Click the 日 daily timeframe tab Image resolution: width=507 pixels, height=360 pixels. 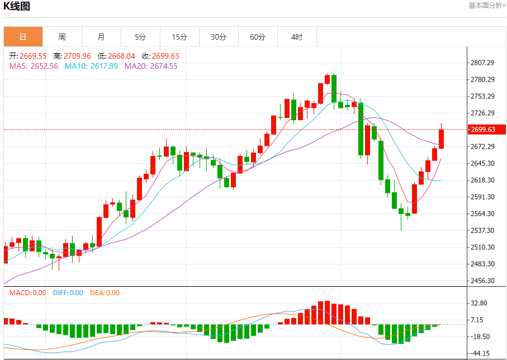pos(23,37)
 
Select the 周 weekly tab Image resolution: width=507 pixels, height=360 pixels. pos(62,37)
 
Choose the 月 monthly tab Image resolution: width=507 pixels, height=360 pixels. pos(101,37)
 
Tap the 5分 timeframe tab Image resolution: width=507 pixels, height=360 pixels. pos(140,37)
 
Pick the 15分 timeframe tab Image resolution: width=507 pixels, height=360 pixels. pos(179,37)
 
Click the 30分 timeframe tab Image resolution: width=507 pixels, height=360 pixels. pos(219,37)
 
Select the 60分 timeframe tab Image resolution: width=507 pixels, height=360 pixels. pos(258,37)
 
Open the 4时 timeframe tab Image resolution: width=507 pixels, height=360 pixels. pos(297,37)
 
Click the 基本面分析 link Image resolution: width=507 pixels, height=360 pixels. pos(487,6)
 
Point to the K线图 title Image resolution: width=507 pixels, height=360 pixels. pos(17,7)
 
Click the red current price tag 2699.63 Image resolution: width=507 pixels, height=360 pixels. pos(487,130)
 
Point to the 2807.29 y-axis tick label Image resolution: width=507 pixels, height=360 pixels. pos(483,63)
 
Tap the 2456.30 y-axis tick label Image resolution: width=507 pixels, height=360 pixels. pos(483,281)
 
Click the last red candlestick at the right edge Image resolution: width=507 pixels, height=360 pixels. pos(441,139)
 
